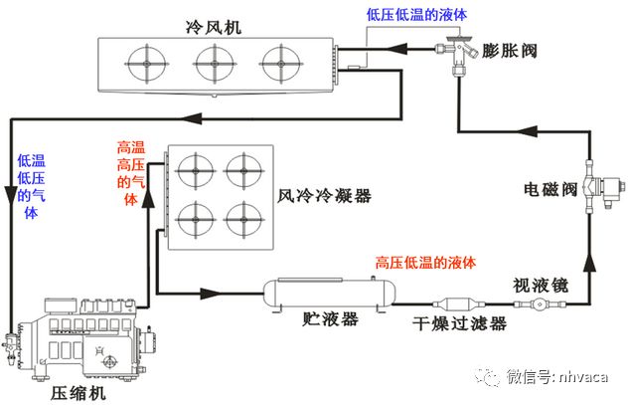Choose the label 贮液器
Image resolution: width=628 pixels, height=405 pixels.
tap(329, 319)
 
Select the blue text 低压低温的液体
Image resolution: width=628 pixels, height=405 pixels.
tap(416, 14)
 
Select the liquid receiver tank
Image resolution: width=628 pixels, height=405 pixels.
tap(329, 294)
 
